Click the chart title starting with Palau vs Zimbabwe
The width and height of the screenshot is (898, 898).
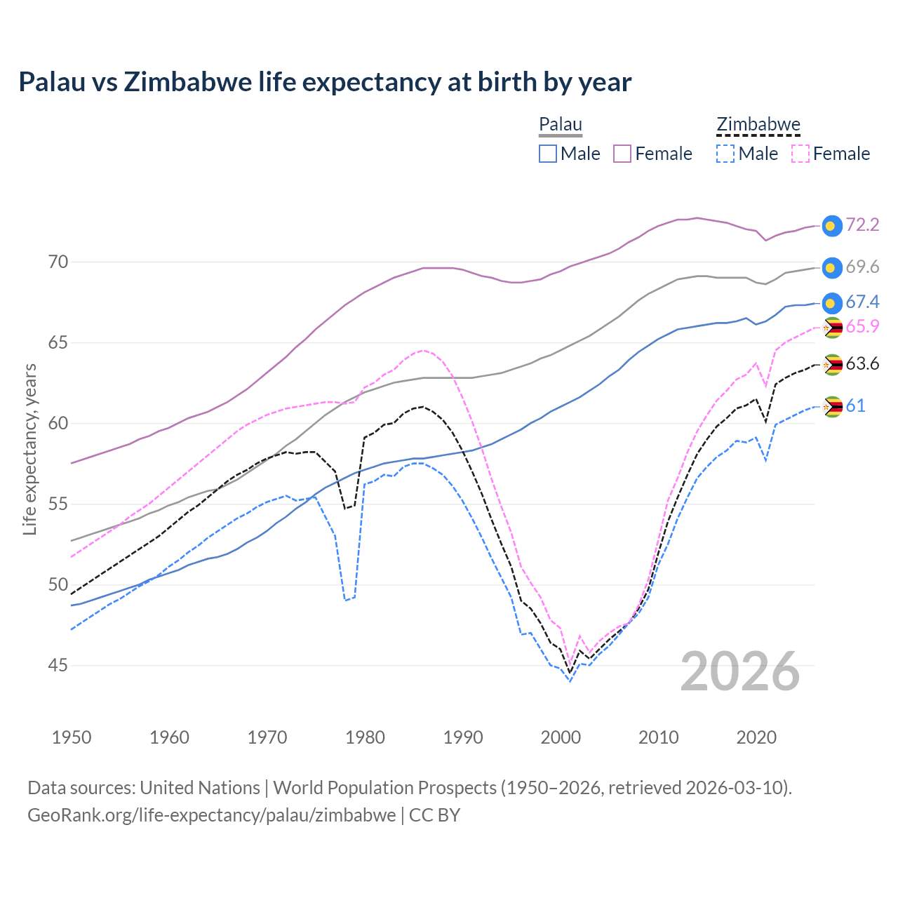(x=325, y=82)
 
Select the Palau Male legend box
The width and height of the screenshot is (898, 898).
(x=548, y=154)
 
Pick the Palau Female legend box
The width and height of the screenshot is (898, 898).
(x=622, y=154)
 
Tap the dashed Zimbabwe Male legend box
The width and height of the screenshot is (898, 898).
(x=725, y=154)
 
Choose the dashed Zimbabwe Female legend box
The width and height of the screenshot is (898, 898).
(x=800, y=154)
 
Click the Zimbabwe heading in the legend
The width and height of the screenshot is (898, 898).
(x=758, y=125)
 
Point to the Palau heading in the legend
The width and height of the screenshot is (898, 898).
(x=560, y=125)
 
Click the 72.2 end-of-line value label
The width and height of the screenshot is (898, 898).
(x=862, y=225)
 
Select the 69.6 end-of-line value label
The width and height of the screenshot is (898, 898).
(x=862, y=267)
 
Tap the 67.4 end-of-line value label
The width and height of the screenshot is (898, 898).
(x=862, y=302)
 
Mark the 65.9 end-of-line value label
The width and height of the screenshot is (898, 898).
(x=862, y=327)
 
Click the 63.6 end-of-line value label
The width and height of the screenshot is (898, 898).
(x=862, y=364)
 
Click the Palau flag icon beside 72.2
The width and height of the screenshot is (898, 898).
(x=831, y=225)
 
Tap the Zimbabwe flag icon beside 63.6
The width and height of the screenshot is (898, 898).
(x=832, y=365)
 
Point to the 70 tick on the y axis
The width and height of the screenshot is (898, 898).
(x=58, y=262)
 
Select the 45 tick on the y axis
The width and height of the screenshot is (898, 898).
(x=58, y=665)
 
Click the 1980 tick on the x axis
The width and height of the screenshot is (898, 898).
(x=365, y=738)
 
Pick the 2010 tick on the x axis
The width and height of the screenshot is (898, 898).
(x=658, y=738)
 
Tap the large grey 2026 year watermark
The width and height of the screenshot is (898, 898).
(x=740, y=671)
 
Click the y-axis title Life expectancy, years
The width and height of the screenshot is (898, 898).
(x=30, y=449)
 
